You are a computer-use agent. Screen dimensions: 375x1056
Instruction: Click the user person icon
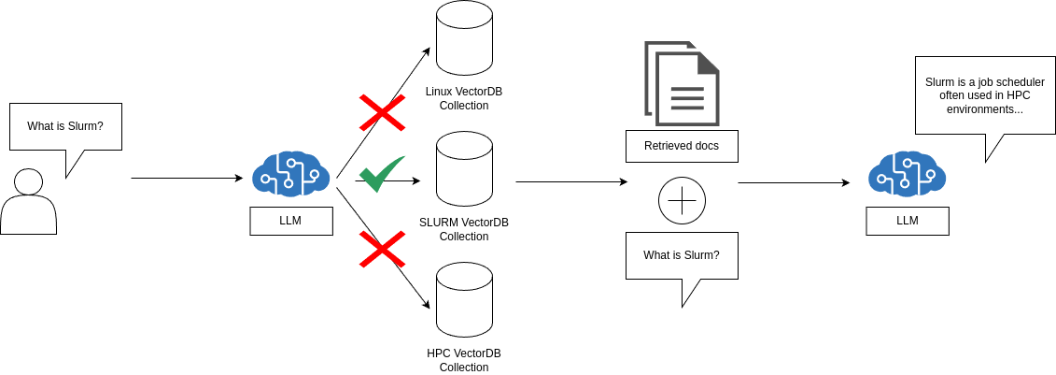(28, 202)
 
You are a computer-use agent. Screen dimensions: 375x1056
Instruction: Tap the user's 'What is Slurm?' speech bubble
(65, 126)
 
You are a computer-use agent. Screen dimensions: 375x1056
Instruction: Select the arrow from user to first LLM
(187, 178)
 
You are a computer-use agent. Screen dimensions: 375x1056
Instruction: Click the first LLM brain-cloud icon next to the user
(290, 174)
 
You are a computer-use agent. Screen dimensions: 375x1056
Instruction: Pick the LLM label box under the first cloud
(290, 221)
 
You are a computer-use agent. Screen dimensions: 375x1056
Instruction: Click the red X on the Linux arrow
(382, 112)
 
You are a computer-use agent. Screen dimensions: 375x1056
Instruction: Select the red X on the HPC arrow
(382, 249)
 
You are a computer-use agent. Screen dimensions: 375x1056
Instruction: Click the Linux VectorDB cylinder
(464, 38)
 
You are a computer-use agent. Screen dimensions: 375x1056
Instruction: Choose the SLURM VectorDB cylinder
(464, 169)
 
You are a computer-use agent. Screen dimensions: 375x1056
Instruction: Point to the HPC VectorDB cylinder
(464, 300)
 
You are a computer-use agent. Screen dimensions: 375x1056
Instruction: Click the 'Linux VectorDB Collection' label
(464, 98)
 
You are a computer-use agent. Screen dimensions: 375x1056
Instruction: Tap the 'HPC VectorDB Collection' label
(464, 360)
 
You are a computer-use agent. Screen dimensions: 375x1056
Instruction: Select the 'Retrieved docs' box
(682, 146)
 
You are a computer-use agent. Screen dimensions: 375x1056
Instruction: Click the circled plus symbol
(682, 201)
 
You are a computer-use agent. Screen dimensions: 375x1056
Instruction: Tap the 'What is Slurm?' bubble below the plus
(682, 255)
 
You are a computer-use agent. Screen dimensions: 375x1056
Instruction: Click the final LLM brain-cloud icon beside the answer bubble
(907, 174)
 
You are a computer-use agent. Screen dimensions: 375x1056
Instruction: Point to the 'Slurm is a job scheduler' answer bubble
(985, 95)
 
